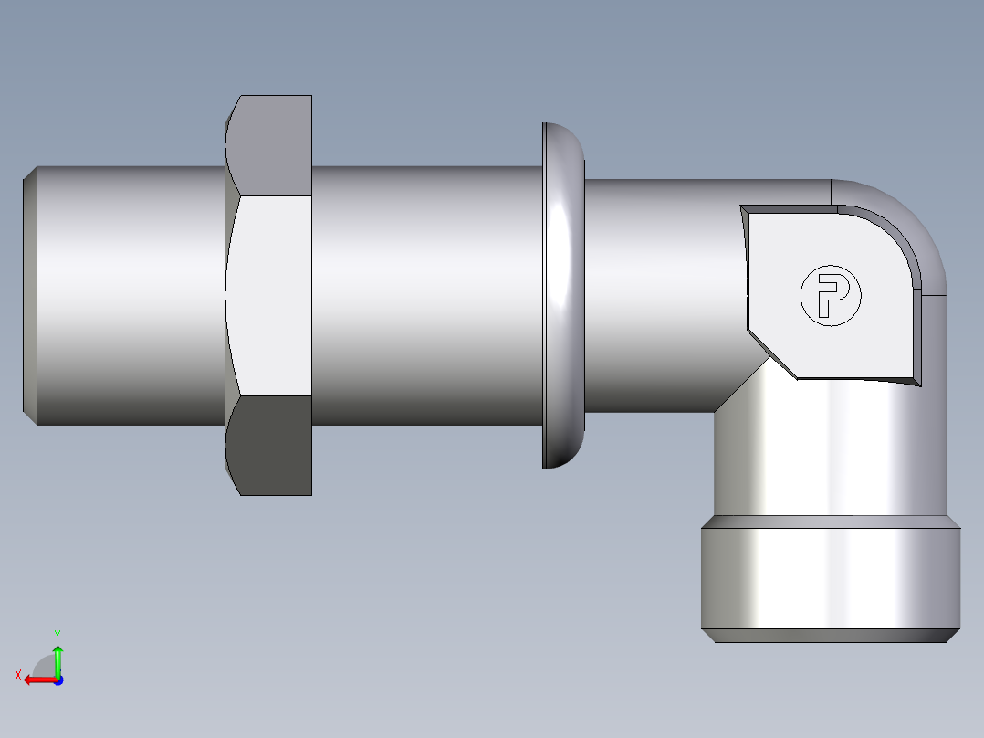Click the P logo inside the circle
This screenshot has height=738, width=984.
point(831,296)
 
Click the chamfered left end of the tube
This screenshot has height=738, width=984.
point(29,295)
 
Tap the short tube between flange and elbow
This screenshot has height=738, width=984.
point(657,295)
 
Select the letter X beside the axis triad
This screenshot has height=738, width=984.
point(17,675)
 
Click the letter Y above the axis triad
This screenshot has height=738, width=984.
point(57,634)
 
